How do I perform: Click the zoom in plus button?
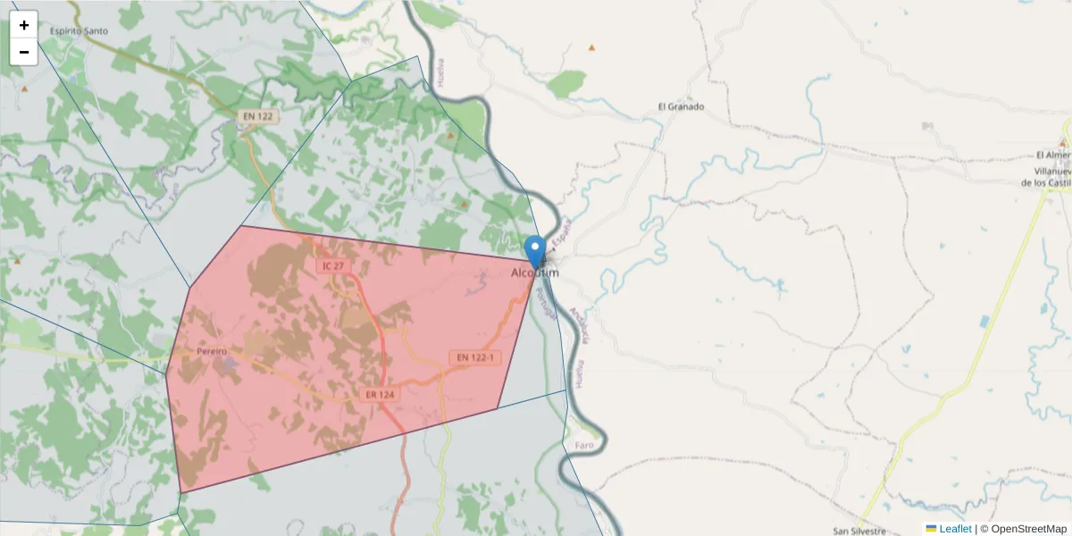click(24, 25)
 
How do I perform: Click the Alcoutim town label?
click(535, 272)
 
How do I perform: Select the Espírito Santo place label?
click(79, 31)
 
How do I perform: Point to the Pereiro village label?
click(212, 352)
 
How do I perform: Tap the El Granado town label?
click(681, 106)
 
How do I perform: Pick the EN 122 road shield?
click(256, 116)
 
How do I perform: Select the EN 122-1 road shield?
click(475, 357)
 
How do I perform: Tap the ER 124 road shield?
click(380, 394)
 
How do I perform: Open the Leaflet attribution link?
click(955, 529)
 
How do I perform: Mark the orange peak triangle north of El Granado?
click(590, 47)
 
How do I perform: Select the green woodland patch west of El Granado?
click(566, 85)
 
